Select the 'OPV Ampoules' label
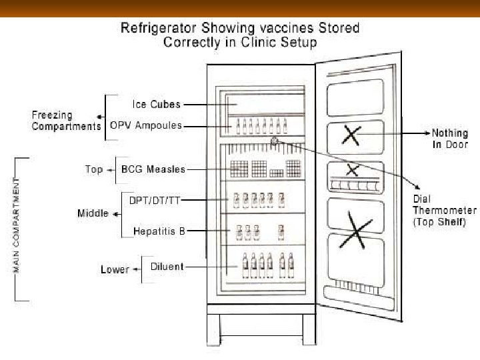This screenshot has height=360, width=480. (146, 126)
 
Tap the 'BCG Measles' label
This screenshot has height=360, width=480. (153, 169)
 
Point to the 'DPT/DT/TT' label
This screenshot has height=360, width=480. (155, 199)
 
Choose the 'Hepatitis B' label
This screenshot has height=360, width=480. (159, 231)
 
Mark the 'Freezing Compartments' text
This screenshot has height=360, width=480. (66, 120)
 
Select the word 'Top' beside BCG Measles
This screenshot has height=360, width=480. (94, 169)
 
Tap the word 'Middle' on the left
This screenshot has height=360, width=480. (93, 214)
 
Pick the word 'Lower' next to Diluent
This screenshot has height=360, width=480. (115, 269)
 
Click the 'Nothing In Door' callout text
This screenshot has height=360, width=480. (450, 138)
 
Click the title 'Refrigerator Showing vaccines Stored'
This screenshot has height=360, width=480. (239, 28)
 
